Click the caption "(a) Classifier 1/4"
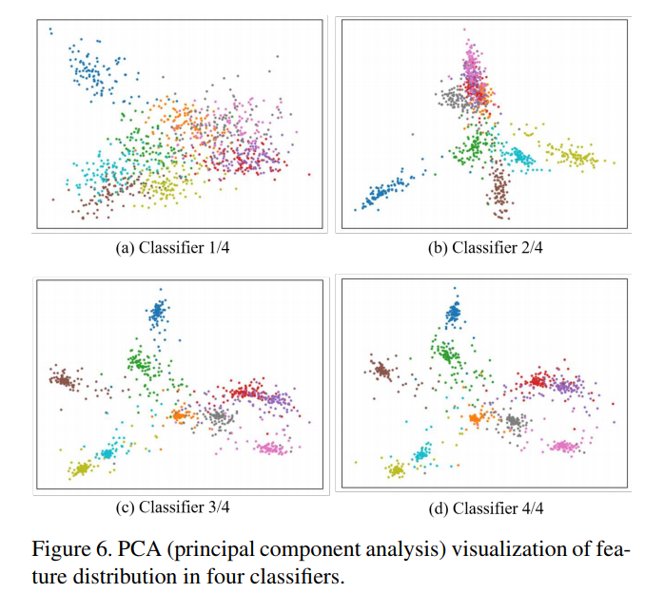tap(172, 248)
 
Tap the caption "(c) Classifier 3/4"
tap(172, 507)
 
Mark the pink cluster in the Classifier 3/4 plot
tap(269, 447)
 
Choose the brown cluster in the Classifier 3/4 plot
tap(63, 380)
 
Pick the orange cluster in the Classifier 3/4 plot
tap(181, 415)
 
